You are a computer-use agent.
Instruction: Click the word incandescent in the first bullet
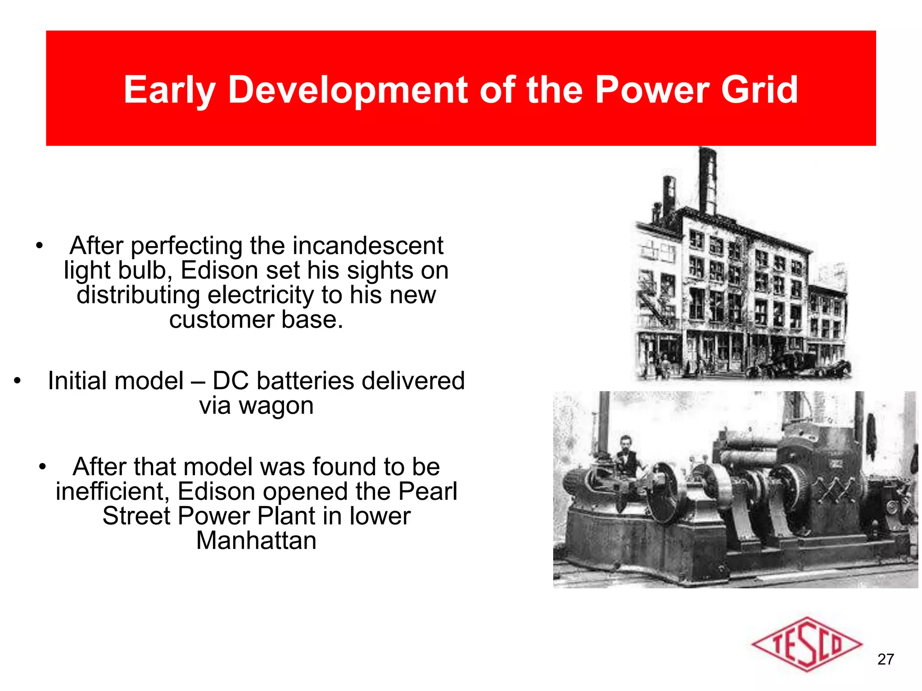[x=368, y=246]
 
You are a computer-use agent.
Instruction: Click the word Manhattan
[x=256, y=540]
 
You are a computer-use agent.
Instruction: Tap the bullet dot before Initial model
[x=17, y=381]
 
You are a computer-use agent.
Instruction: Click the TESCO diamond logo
[x=806, y=644]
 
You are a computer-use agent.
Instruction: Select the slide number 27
[x=885, y=659]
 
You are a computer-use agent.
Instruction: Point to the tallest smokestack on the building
[x=707, y=180]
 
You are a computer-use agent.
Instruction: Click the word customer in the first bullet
[x=221, y=320]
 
